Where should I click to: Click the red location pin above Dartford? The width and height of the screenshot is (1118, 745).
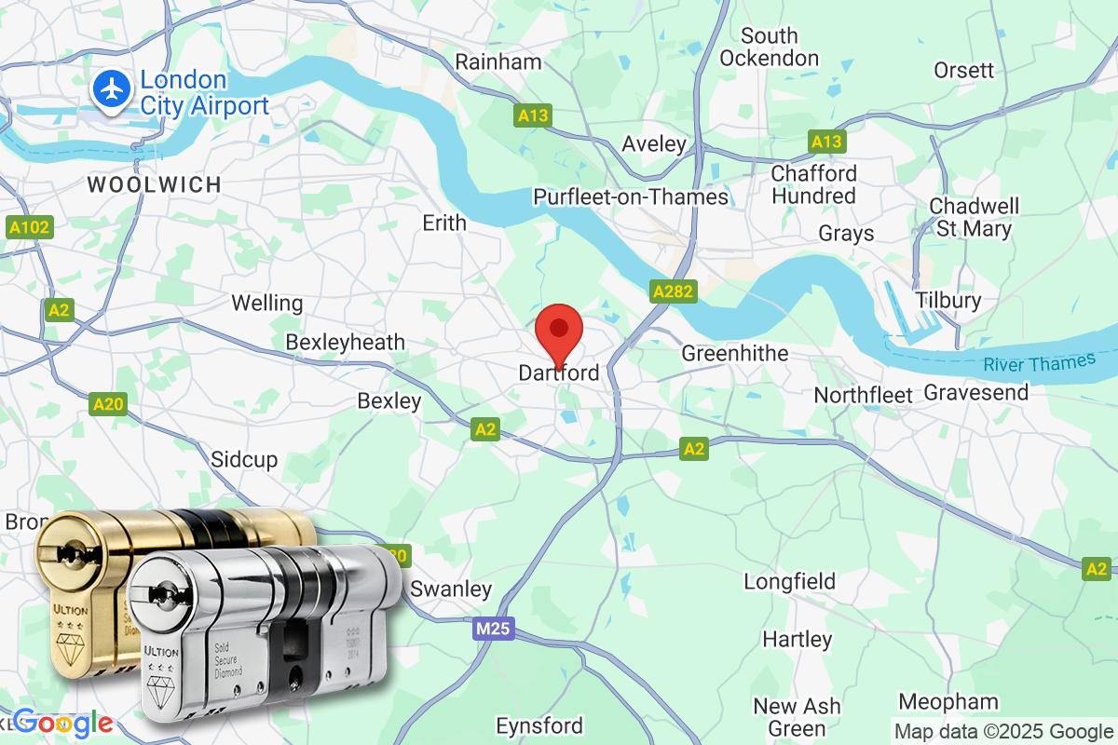tap(559, 331)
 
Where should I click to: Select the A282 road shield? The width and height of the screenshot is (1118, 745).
tap(673, 292)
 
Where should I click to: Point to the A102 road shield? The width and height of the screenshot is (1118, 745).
tap(29, 227)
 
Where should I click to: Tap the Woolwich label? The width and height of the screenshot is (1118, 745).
tap(155, 184)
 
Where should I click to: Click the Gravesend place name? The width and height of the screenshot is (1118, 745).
tap(976, 392)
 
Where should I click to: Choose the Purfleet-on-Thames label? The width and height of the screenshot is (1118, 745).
tap(631, 196)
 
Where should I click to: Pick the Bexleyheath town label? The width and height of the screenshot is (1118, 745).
tap(346, 342)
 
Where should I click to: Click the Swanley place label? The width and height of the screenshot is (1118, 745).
tap(451, 589)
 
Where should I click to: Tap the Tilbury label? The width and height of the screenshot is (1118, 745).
tap(948, 300)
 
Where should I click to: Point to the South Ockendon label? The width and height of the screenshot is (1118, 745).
tap(770, 47)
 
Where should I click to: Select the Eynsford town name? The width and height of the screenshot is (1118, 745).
tap(540, 725)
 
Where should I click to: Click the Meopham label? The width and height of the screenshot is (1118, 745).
tap(948, 701)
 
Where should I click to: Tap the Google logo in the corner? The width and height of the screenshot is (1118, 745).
tap(63, 722)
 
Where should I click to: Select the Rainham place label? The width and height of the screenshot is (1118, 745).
tap(498, 61)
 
